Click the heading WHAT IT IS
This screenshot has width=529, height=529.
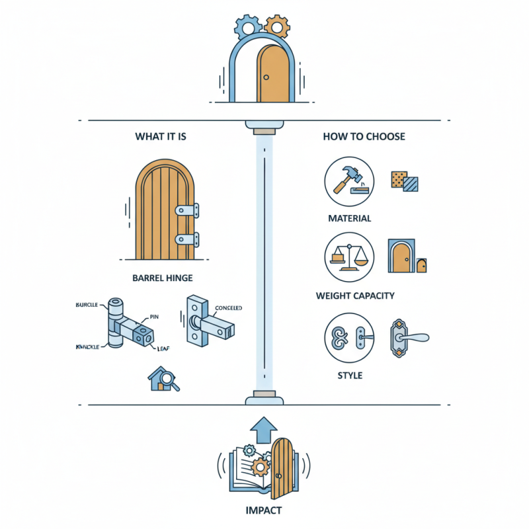click(x=161, y=137)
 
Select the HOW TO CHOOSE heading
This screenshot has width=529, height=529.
click(x=364, y=137)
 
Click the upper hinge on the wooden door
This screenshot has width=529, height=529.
click(x=186, y=210)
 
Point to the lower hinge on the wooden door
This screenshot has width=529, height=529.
click(x=186, y=239)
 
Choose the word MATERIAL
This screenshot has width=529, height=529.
click(x=350, y=218)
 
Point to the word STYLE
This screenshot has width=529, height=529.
click(x=350, y=376)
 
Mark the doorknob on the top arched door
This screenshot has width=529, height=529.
click(x=266, y=77)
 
